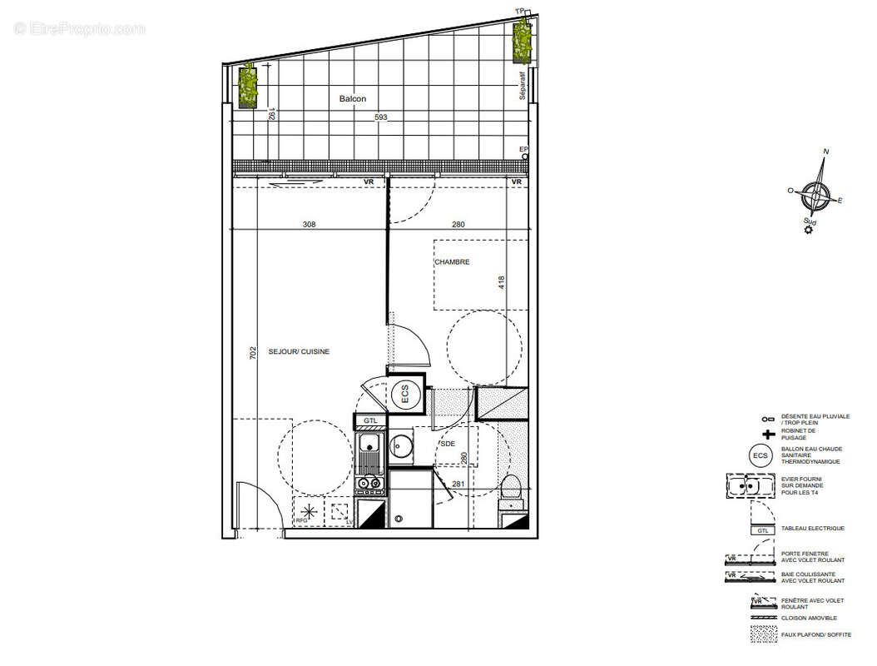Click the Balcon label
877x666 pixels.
[352, 99]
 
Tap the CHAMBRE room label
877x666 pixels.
[452, 262]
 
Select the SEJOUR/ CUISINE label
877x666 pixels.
[299, 352]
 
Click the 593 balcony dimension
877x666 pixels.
[381, 117]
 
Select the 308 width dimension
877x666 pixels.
[309, 224]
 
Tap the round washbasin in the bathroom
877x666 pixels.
[402, 447]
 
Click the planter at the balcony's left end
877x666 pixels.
[247, 85]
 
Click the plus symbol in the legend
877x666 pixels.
[766, 435]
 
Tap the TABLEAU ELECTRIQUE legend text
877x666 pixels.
[813, 529]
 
